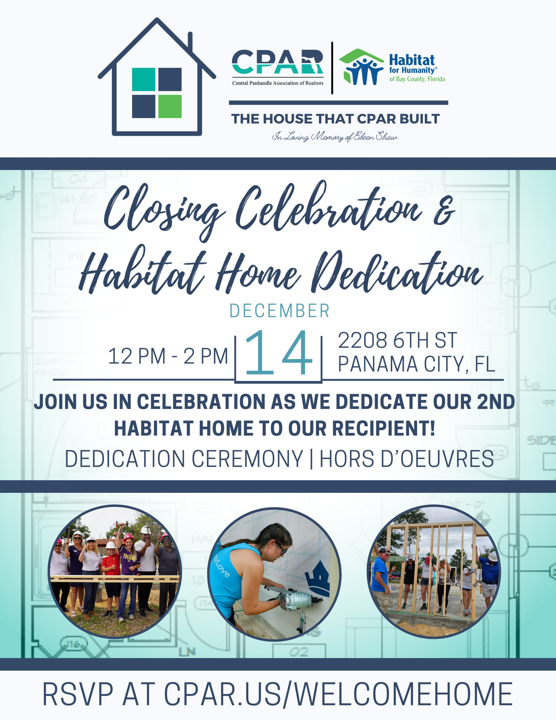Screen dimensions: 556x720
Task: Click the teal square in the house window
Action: pyautogui.click(x=144, y=79)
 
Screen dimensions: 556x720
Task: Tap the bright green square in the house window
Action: pyautogui.click(x=170, y=106)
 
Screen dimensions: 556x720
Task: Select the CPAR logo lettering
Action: pyautogui.click(x=277, y=62)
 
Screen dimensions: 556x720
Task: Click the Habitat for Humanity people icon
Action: pyautogui.click(x=362, y=67)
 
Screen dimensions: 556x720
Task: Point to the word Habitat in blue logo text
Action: pyautogui.click(x=412, y=60)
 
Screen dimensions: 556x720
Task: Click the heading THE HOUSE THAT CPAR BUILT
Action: pyautogui.click(x=335, y=119)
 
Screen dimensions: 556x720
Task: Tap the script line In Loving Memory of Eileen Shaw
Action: pyautogui.click(x=335, y=136)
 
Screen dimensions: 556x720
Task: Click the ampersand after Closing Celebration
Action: pyautogui.click(x=444, y=213)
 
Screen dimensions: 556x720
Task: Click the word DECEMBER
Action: pyautogui.click(x=280, y=311)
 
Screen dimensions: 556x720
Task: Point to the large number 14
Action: pyautogui.click(x=279, y=353)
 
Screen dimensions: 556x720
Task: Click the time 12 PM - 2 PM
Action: pyautogui.click(x=168, y=356)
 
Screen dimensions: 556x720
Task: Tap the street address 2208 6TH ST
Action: pyautogui.click(x=397, y=340)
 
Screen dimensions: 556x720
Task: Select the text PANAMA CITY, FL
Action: pyautogui.click(x=416, y=364)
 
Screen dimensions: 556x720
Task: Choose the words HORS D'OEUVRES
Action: pyautogui.click(x=407, y=459)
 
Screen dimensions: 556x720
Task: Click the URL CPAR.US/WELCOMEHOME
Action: pyautogui.click(x=338, y=694)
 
